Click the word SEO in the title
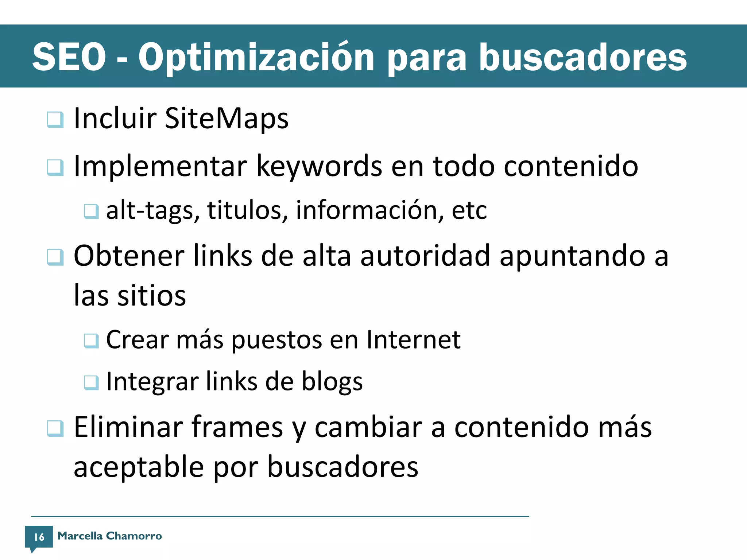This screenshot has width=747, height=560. click(x=69, y=57)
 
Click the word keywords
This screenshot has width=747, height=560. click(x=319, y=167)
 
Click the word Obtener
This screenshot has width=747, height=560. click(x=129, y=256)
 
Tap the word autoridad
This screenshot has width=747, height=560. click(x=425, y=256)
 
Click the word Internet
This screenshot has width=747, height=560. click(x=413, y=340)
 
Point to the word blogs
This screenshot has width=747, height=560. click(x=332, y=382)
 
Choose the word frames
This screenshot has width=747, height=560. click(x=237, y=427)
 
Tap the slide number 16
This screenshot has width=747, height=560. click(x=39, y=537)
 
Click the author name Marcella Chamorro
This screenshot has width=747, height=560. click(x=109, y=536)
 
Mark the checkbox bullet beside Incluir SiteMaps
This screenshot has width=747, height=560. click(x=55, y=120)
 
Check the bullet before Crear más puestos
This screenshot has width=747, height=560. click(x=91, y=341)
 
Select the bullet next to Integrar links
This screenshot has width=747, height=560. click(x=91, y=383)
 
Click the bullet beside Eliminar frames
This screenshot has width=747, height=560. click(x=55, y=428)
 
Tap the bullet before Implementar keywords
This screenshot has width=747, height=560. click(x=55, y=168)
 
